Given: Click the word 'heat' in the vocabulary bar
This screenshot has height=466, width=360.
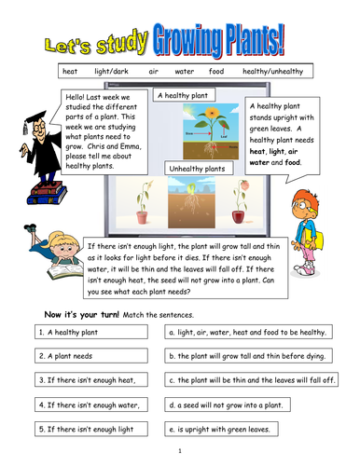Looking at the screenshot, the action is point(69,70).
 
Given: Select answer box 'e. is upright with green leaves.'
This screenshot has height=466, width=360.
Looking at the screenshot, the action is point(246,430).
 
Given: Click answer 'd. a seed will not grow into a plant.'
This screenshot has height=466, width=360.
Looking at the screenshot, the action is point(246,405).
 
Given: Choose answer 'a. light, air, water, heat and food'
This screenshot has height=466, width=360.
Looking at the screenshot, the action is point(246,331).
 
